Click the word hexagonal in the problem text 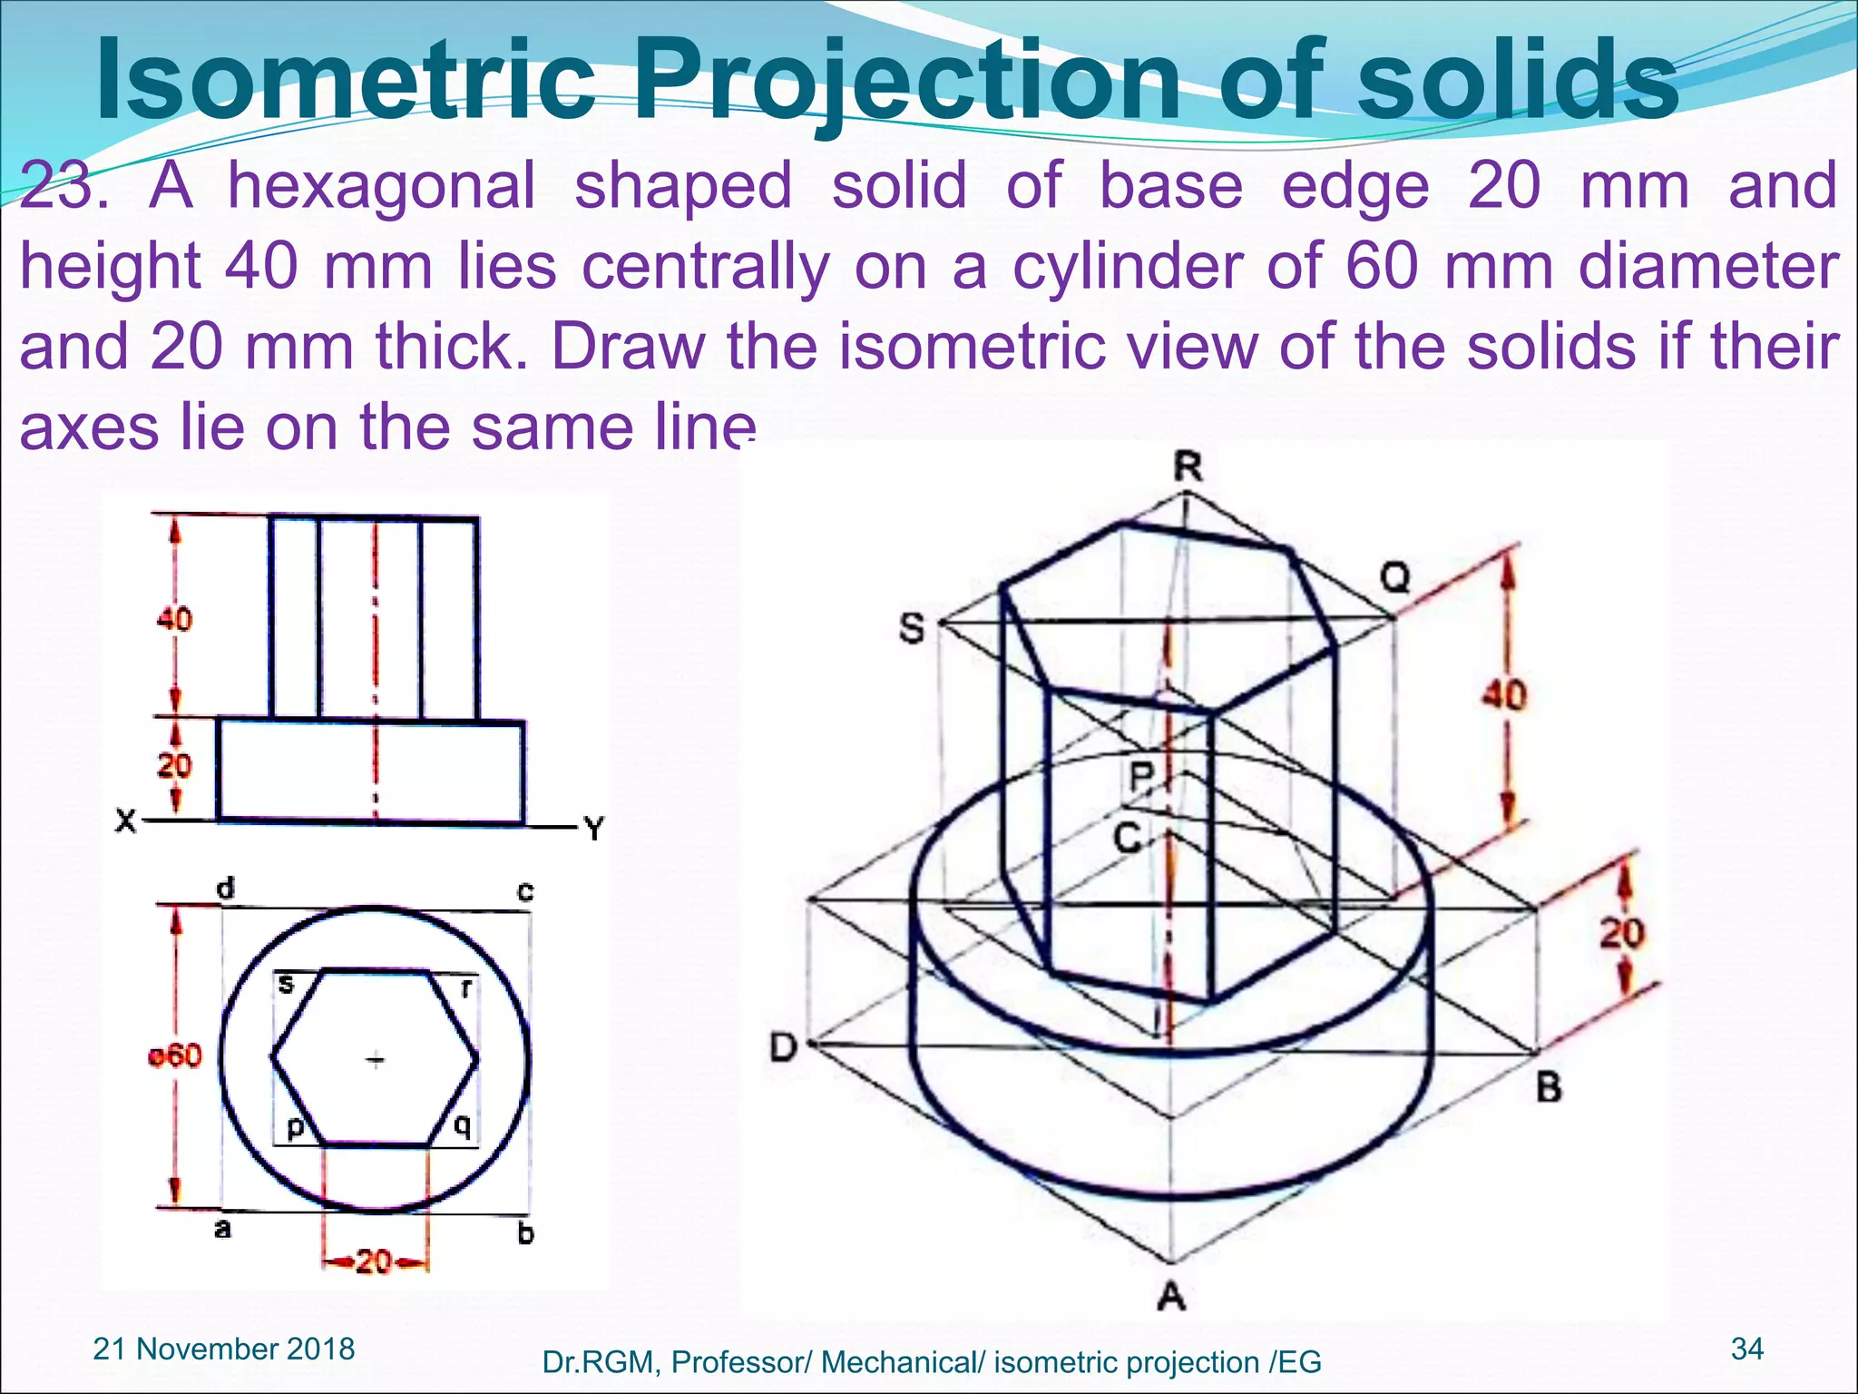[381, 186]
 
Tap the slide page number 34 [1747, 1349]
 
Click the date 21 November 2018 [224, 1349]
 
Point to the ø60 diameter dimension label [175, 1055]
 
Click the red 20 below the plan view [373, 1261]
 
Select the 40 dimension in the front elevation [174, 620]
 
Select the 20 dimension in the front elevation [174, 765]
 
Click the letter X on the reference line [125, 822]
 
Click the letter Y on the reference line [594, 828]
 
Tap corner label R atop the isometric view [1188, 467]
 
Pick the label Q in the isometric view [1395, 576]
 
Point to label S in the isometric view [912, 628]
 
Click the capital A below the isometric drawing [1171, 1297]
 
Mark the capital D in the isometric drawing [783, 1048]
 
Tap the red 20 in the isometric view [1621, 932]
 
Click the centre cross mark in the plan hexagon [375, 1059]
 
